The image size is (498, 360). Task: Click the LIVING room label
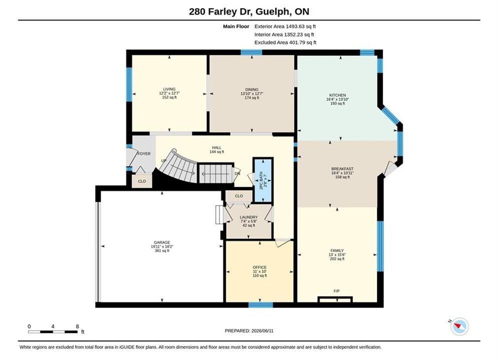point(169,89)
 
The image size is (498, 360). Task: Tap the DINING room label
point(252,89)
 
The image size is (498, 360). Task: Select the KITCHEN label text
point(337,95)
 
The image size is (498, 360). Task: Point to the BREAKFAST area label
point(342,168)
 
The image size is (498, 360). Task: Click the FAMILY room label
point(337,250)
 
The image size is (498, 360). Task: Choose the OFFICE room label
point(259,267)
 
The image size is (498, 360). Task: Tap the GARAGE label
point(162,242)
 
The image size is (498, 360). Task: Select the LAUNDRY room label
point(249,217)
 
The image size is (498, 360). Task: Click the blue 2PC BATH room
point(263,180)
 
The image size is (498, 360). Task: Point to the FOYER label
point(144,153)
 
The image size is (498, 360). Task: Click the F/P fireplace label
point(337,291)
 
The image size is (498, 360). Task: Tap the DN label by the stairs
point(238,174)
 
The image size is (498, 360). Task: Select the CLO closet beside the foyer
point(142,181)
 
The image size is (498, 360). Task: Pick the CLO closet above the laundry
point(239,196)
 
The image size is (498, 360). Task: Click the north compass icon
point(459,326)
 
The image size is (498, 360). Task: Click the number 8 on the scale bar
point(77,326)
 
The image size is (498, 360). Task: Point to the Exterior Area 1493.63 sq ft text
point(285,26)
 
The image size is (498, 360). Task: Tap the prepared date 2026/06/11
point(262,331)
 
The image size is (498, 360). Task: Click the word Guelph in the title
point(272,11)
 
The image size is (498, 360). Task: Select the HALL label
point(217,148)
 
